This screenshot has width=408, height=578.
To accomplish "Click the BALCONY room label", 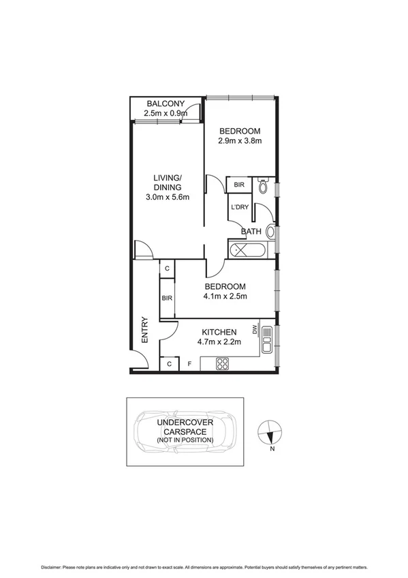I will [x=167, y=104].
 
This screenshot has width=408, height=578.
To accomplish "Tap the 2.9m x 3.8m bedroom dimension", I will [x=240, y=141].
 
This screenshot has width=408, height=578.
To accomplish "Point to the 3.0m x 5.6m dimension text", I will [x=167, y=198].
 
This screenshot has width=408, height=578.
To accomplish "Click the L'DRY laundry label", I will [x=239, y=207].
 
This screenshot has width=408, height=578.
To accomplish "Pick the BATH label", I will [x=251, y=232].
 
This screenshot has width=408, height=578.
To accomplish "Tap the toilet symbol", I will [x=264, y=185].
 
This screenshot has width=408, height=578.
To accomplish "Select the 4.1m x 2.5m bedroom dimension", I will [x=225, y=296].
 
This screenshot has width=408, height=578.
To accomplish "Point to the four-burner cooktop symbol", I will [x=222, y=363].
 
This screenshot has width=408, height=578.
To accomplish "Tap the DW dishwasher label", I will [x=255, y=331].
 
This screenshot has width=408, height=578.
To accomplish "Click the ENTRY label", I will [x=144, y=330].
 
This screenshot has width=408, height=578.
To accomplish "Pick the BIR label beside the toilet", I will [x=239, y=185].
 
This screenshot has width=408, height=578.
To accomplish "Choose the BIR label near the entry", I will [x=166, y=298].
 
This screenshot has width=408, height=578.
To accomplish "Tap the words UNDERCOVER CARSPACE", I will [x=185, y=427].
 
